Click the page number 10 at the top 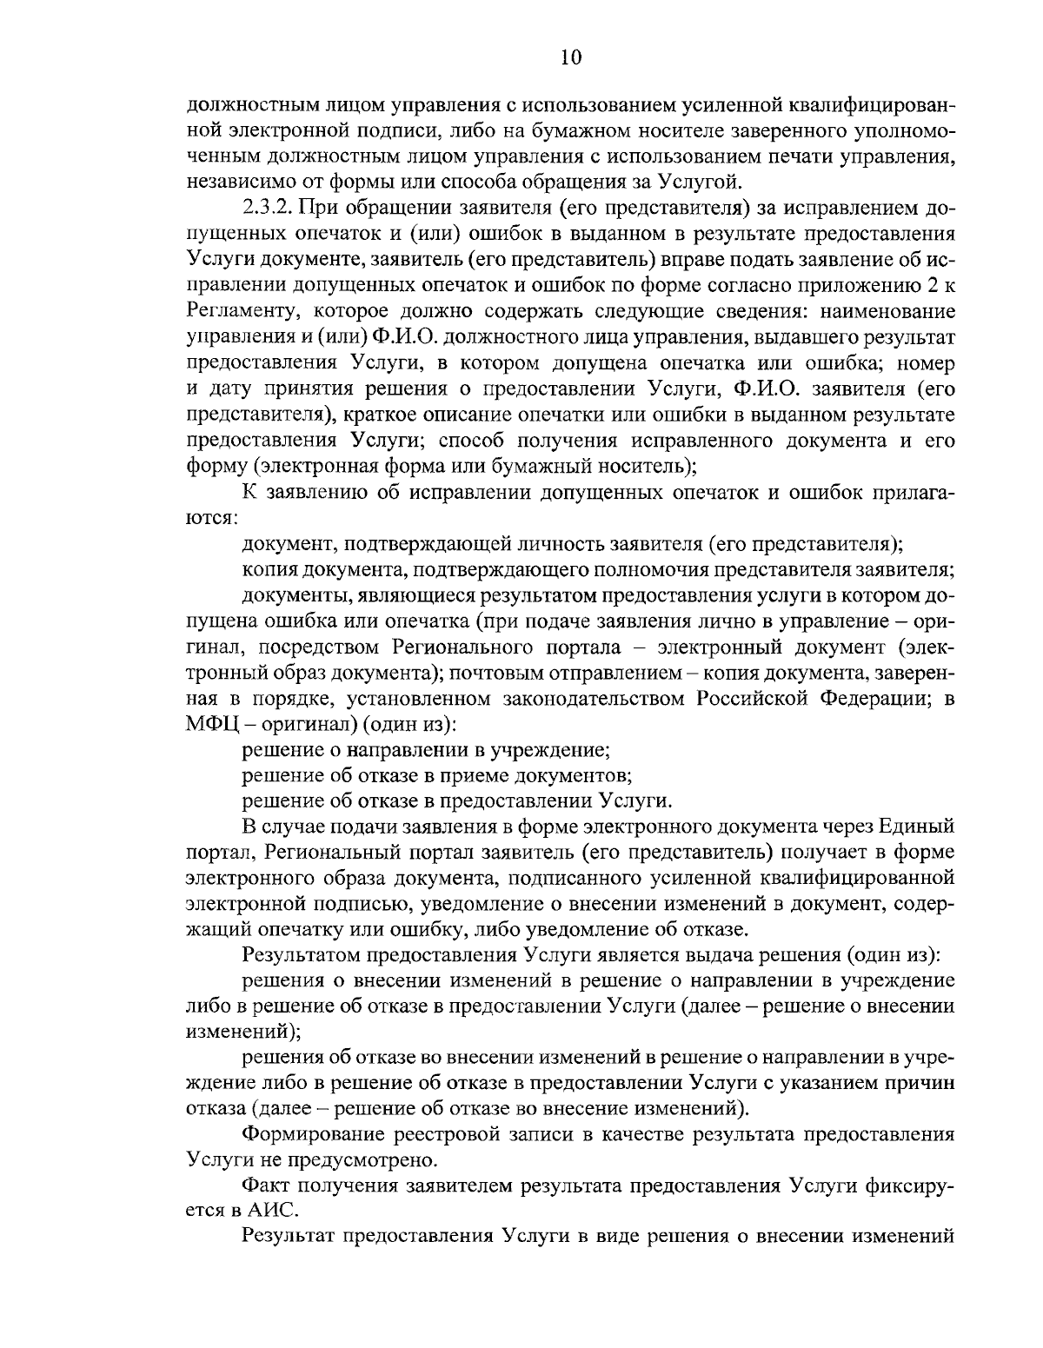570,58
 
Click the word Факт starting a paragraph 265,1185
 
